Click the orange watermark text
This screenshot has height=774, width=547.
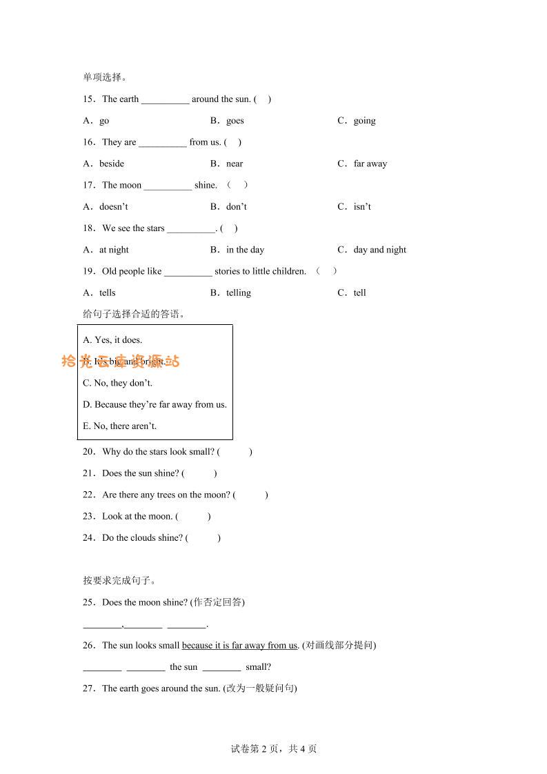[x=121, y=361]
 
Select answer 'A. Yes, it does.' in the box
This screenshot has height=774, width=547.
[x=112, y=340]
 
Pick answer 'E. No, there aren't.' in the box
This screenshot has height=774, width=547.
[x=119, y=426]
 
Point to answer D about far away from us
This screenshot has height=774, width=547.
[x=155, y=405]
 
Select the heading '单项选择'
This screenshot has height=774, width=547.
[x=104, y=78]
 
